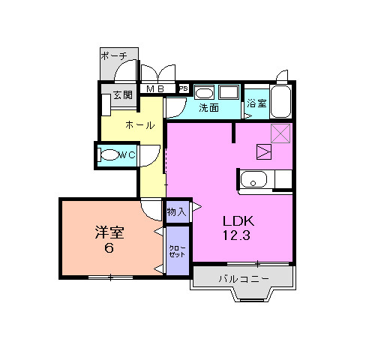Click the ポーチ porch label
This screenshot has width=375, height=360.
pos(114,55)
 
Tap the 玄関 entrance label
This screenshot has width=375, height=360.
pos(122,95)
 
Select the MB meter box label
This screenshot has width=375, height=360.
pos(155,88)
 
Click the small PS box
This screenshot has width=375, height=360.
pos(184,88)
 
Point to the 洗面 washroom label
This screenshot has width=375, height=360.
pos(208,108)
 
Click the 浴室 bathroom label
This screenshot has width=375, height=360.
pos(256,103)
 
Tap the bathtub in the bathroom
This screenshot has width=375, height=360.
pos(280,101)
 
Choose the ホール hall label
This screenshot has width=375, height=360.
pos(140,125)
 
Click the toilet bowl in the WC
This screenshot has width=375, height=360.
pos(109,155)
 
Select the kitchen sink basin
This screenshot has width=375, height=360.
pos(253,179)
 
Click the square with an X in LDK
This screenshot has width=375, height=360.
pos(280,133)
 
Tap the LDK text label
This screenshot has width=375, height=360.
pos(238,221)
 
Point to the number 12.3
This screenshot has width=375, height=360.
pos(236,235)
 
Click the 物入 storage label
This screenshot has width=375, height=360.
pos(176,212)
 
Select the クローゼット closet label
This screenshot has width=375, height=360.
pos(177,251)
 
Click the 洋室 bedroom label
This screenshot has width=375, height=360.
pos(109,232)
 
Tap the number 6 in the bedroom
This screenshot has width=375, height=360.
pos(109,248)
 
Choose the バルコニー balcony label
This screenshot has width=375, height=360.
pos(244,278)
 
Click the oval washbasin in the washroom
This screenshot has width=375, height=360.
pos(204,94)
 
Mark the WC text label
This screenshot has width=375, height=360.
pos(127,155)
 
